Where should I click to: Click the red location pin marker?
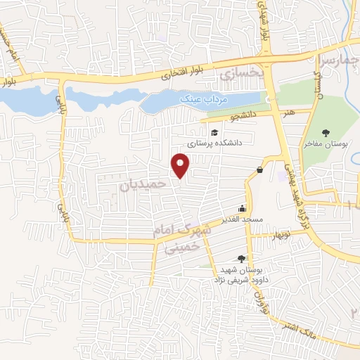click(181, 165)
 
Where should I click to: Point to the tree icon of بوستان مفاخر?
click(326, 133)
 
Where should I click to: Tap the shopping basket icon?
click(259, 169)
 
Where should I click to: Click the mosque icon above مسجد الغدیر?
click(243, 208)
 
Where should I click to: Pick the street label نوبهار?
click(285, 233)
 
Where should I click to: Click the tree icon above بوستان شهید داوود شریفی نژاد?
click(243, 259)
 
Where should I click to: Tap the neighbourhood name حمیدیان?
click(143, 185)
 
